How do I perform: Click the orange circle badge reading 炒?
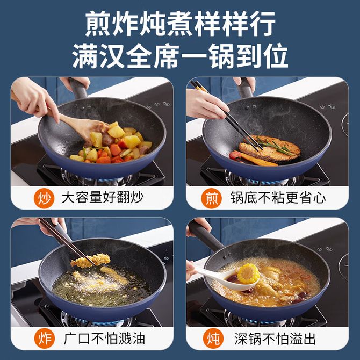[44, 198]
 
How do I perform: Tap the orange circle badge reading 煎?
[212, 198]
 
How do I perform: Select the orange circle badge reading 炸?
[44, 339]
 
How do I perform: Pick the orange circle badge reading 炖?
[213, 339]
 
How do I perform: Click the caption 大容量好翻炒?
[103, 198]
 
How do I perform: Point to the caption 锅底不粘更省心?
[278, 198]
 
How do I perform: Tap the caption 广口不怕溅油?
[104, 339]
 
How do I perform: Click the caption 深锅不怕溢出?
[275, 339]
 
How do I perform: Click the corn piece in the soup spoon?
[248, 273]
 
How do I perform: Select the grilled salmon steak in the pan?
[270, 149]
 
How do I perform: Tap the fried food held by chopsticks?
[90, 261]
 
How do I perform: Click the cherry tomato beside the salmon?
[235, 156]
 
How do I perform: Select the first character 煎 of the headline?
[98, 24]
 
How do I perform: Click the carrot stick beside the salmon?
[258, 160]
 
